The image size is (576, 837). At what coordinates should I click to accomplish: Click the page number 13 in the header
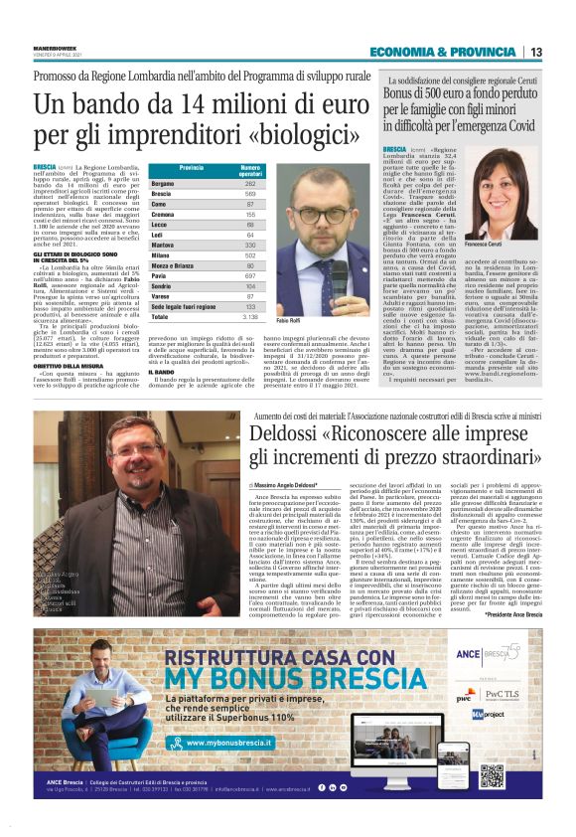[535, 52]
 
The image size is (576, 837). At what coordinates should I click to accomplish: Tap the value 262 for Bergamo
[249, 184]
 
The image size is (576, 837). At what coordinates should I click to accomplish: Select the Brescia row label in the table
[163, 194]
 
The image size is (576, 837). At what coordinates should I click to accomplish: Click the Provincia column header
[191, 168]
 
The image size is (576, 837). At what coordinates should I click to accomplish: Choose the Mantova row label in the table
[164, 244]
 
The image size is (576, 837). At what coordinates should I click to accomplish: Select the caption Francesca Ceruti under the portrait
[485, 244]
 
